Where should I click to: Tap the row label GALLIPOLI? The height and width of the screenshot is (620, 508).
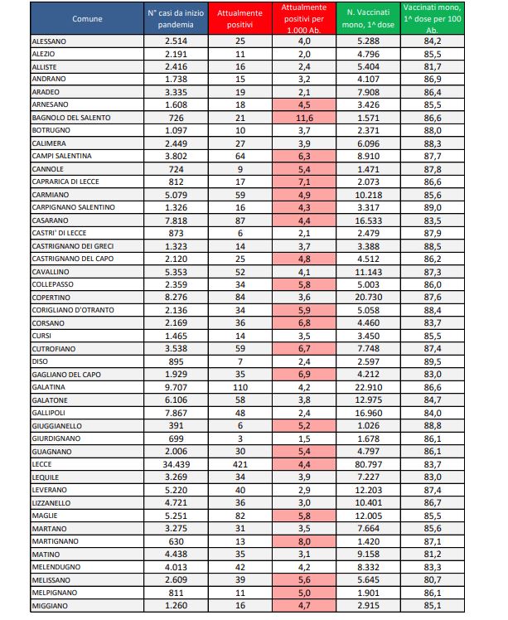pos(49,412)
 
